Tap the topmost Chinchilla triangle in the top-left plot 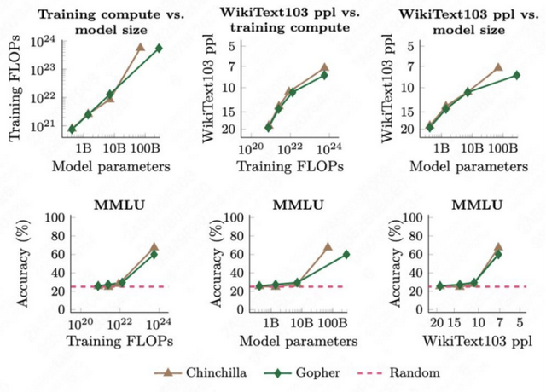(x=141, y=47)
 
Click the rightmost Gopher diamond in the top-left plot (x=159, y=49)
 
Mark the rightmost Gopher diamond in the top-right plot (x=516, y=75)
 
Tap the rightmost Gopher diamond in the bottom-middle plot (x=346, y=254)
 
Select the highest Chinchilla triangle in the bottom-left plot (x=154, y=247)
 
